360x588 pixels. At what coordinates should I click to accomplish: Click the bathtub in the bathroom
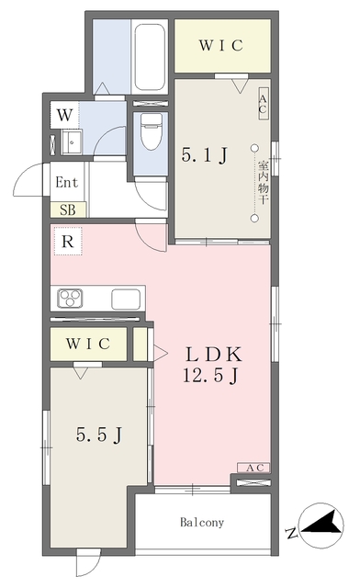150,57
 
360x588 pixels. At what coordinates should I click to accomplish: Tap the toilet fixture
151,131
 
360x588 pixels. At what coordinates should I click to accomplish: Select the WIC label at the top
221,45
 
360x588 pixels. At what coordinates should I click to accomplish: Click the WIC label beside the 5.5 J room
88,344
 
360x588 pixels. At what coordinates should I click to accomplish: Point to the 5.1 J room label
205,155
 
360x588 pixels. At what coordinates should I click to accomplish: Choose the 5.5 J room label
99,435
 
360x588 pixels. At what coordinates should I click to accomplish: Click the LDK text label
214,354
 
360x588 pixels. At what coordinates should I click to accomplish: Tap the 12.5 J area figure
210,375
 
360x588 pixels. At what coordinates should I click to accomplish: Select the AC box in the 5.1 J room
263,104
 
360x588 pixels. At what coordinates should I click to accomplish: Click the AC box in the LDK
253,468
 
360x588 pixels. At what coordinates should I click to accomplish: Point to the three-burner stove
70,299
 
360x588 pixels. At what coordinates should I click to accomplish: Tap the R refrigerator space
68,242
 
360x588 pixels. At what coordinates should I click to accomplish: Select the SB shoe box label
68,210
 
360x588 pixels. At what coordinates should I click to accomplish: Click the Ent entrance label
67,183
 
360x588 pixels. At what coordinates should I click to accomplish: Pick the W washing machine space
64,115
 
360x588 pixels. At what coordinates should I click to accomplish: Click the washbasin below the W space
72,142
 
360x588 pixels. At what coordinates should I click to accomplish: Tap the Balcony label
202,522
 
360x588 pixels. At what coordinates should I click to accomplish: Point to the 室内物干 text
264,182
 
